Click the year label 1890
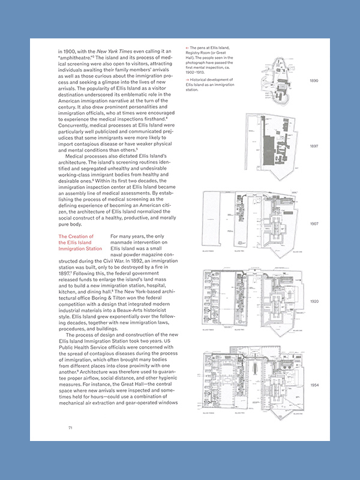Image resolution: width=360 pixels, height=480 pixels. pos(314,80)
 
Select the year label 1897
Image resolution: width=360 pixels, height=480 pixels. pos(314,146)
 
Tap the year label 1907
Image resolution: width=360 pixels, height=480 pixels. pos(314,224)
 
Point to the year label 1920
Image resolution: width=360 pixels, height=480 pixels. pos(314,301)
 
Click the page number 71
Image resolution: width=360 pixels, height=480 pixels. pos(70,427)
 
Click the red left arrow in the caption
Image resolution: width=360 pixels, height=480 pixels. pos(188,47)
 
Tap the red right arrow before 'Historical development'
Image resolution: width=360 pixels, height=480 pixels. pos(188,80)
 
